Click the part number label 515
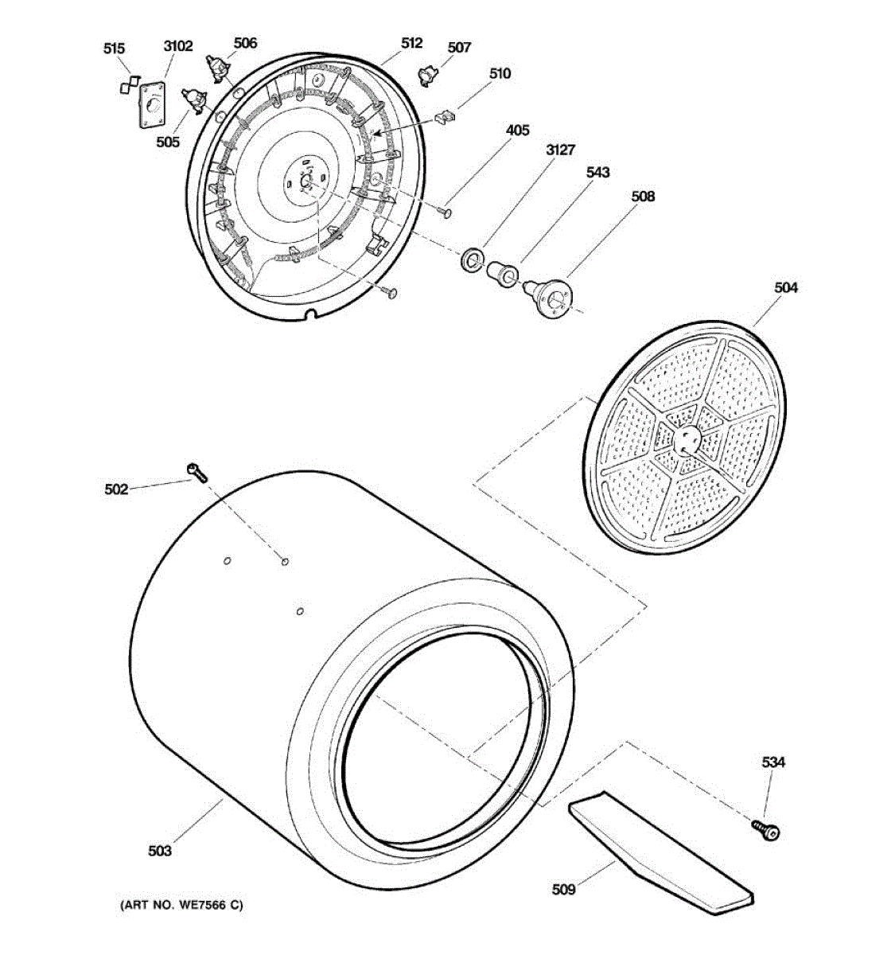pos(115,49)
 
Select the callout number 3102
pos(178,46)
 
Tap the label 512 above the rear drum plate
pos(412,44)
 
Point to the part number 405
pos(517,131)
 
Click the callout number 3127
pos(560,150)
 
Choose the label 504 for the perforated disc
pos(786,287)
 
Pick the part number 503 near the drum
pos(160,851)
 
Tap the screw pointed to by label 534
pos(767,830)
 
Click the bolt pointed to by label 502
pos(196,472)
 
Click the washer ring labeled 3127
pos(472,259)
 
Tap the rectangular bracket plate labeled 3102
pos(152,104)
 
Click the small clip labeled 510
pos(448,116)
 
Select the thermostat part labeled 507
pos(430,76)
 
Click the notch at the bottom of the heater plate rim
pos(312,313)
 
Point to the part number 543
pos(598,172)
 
